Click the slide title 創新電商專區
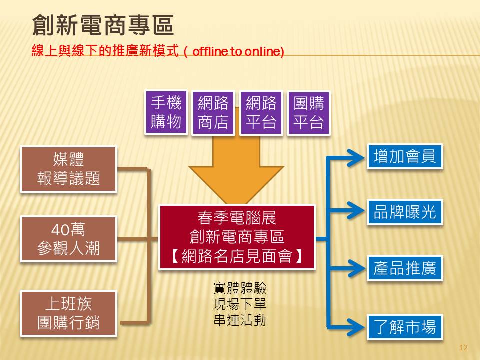point(103,25)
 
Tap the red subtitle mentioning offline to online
point(157,51)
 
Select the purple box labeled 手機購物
point(166,112)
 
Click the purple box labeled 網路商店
point(213,112)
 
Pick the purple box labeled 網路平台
point(261,112)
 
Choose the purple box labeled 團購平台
point(308,112)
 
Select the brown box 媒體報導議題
point(68,169)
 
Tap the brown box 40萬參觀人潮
point(68,239)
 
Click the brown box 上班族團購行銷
point(68,313)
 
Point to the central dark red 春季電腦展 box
point(237,237)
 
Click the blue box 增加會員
point(405,157)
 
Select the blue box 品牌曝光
point(405,213)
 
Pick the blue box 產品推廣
point(405,269)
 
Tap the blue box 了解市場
point(405,327)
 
